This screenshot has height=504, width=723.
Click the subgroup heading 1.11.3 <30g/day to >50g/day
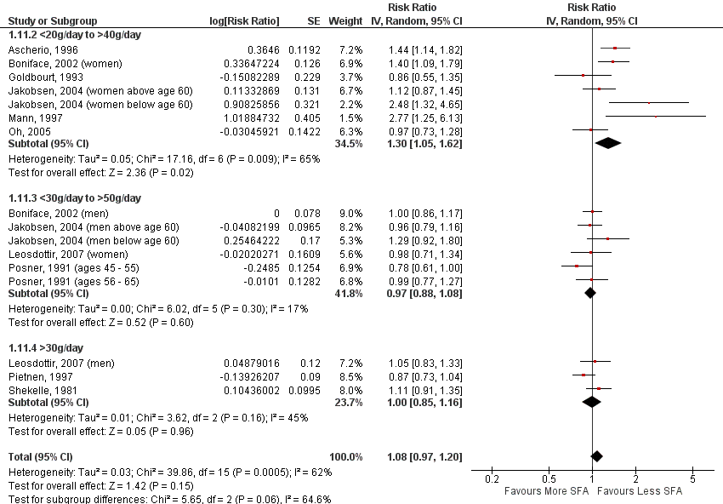(x=74, y=198)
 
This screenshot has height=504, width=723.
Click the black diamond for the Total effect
(x=596, y=457)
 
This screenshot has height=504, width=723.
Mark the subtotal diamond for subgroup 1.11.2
(x=608, y=143)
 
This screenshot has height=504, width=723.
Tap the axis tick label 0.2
(x=492, y=479)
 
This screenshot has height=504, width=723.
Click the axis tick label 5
(x=692, y=479)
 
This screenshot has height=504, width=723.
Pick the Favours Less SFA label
(x=640, y=491)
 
